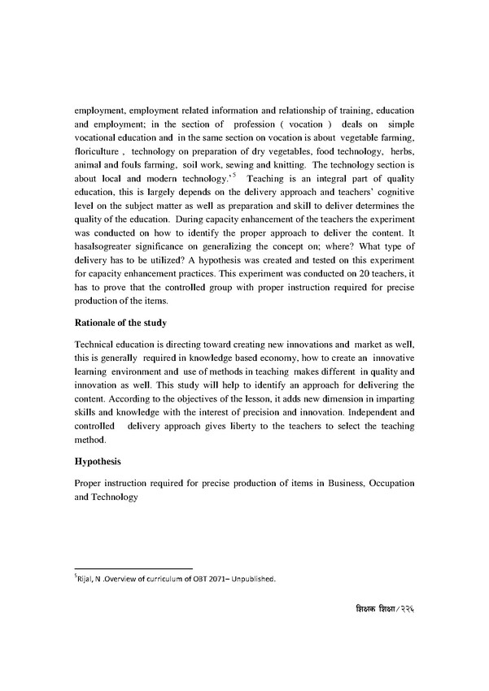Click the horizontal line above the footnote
pyautogui.click(x=133, y=569)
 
